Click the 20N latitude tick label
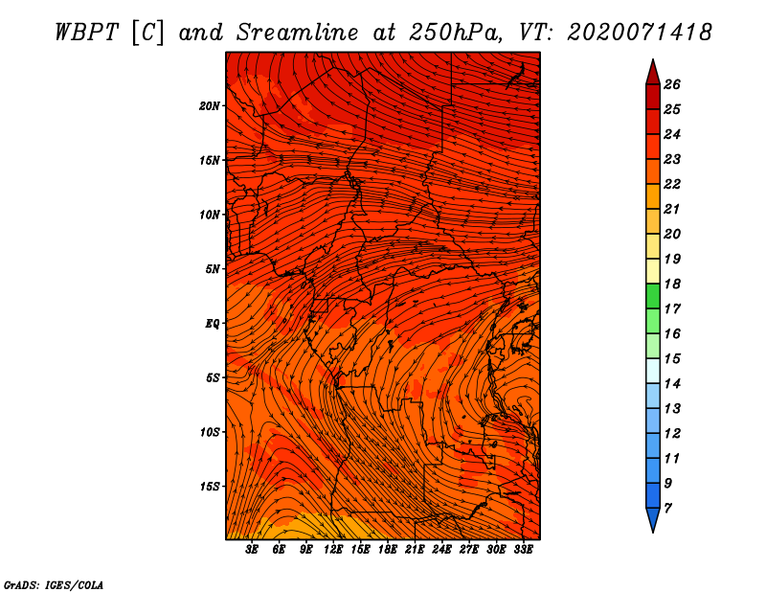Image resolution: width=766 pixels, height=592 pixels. [210, 105]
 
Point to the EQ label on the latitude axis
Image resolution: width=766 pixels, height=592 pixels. [213, 324]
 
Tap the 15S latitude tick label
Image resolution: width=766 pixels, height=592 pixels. [210, 487]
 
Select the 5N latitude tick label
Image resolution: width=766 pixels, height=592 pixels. [213, 269]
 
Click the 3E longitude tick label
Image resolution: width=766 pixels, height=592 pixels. [252, 550]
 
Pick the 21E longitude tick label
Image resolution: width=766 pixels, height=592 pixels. [415, 550]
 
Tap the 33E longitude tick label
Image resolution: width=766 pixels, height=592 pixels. [523, 550]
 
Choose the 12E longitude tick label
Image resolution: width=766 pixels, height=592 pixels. [333, 550]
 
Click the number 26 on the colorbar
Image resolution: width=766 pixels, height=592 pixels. [672, 84]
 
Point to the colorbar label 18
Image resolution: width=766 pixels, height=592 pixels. [672, 284]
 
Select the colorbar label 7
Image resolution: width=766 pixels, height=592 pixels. [667, 509]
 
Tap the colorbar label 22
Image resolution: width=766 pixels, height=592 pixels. [672, 184]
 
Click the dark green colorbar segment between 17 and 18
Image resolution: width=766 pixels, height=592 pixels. [653, 296]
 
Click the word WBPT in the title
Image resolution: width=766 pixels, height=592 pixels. [86, 33]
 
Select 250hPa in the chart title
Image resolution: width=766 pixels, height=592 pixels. [456, 33]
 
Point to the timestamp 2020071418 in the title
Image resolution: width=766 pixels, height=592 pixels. [640, 33]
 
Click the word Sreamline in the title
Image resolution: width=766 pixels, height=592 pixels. [298, 33]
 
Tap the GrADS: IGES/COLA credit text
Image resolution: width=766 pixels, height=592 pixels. [54, 585]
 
